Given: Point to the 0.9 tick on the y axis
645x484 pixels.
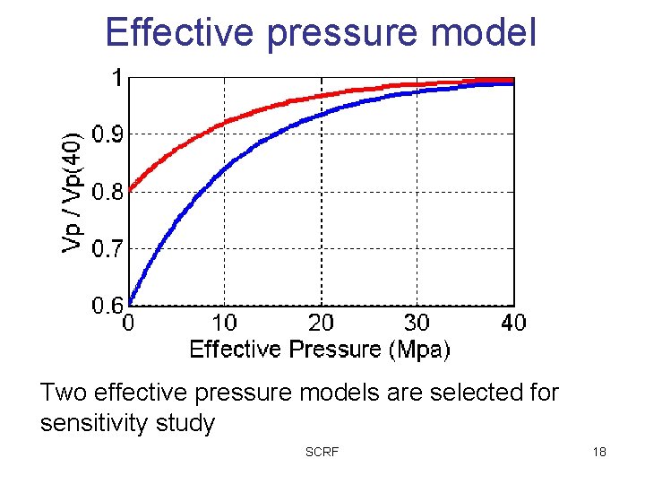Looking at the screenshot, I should (108, 134).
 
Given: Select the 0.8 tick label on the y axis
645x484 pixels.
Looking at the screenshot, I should (108, 192).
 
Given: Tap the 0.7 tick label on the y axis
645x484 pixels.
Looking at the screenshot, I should (108, 248).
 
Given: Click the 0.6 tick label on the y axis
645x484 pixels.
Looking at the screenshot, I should (108, 306).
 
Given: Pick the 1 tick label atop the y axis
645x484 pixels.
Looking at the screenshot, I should (116, 79).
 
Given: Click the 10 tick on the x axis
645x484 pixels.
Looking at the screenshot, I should (224, 322).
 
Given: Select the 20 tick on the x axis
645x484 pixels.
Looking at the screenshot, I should (321, 322).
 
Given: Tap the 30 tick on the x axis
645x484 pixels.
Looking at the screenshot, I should (417, 322).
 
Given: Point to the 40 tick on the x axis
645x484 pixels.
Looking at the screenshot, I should (512, 322).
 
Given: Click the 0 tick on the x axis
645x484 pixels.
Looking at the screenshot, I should (129, 322).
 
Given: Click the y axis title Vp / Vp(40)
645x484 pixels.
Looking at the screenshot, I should (75, 190).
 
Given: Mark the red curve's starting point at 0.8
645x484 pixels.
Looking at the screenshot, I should (131, 189).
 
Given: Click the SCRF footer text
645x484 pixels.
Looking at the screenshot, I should (322, 452).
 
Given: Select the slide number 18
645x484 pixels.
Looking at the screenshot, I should (598, 452).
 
